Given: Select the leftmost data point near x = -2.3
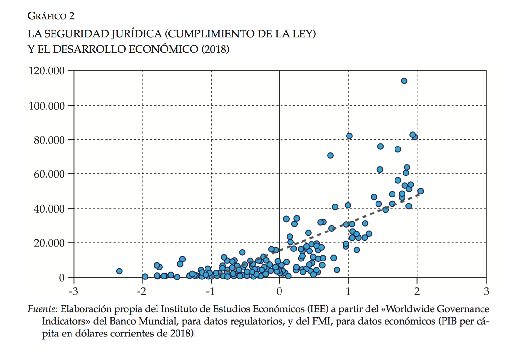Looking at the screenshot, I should coord(119,271).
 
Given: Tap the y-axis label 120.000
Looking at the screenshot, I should coord(47,71).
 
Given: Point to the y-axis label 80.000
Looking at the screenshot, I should coord(49,140).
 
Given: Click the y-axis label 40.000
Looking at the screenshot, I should coord(49,209).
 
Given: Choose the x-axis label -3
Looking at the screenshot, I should coord(73,291).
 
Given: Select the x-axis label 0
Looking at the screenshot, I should coord(279,291).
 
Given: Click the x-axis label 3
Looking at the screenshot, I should coord(486,291).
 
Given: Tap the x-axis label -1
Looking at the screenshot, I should coord(210,291).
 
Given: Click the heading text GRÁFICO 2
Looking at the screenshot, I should coord(51,16).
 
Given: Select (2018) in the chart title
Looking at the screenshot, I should coord(215,49).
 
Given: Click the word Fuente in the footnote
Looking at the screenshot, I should coord(42,309).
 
